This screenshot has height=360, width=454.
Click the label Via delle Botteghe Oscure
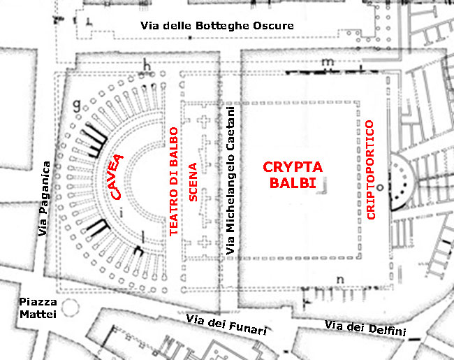click(x=217, y=26)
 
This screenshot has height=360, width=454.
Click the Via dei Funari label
click(x=226, y=325)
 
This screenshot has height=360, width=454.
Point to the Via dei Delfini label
click(x=365, y=328)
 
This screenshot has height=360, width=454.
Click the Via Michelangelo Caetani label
click(x=230, y=180)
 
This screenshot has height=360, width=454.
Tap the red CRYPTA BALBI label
click(x=292, y=175)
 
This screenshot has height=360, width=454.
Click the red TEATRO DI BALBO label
click(x=174, y=185)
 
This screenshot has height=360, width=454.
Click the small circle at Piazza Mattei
click(x=70, y=308)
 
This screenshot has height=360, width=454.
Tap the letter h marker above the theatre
click(x=147, y=66)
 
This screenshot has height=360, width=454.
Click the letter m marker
click(x=326, y=62)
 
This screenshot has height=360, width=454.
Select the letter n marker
click(x=341, y=280)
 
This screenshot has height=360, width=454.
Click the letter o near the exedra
click(x=381, y=187)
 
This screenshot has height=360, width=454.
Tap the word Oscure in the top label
click(x=273, y=26)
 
